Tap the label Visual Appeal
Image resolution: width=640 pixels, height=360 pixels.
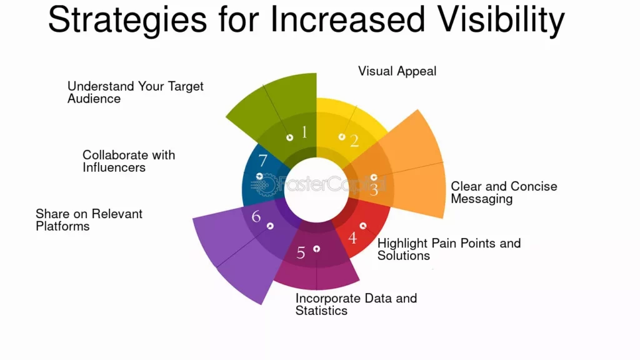click(x=397, y=71)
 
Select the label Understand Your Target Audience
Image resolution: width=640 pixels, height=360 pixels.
click(x=135, y=92)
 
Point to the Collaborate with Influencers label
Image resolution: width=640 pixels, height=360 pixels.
click(x=128, y=161)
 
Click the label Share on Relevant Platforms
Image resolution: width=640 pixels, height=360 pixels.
click(x=89, y=220)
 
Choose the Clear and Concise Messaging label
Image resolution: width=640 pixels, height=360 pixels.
click(x=504, y=192)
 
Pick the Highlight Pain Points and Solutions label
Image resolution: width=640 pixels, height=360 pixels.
click(x=449, y=249)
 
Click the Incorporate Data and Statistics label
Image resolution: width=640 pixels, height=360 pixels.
click(x=356, y=304)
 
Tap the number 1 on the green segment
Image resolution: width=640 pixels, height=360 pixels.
click(x=304, y=132)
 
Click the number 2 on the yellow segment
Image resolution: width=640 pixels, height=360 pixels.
click(x=354, y=141)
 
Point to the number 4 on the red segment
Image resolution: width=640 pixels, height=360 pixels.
click(x=352, y=237)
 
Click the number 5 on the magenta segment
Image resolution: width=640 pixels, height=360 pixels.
click(x=301, y=253)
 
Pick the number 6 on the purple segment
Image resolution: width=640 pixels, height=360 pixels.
click(x=256, y=217)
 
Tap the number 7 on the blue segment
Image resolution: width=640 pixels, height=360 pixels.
click(x=262, y=161)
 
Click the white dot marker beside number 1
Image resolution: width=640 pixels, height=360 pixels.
click(x=289, y=137)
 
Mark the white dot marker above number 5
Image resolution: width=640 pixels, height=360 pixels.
click(x=317, y=249)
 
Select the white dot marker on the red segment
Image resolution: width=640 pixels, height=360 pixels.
click(x=363, y=226)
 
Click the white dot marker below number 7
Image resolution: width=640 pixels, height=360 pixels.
click(x=259, y=177)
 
